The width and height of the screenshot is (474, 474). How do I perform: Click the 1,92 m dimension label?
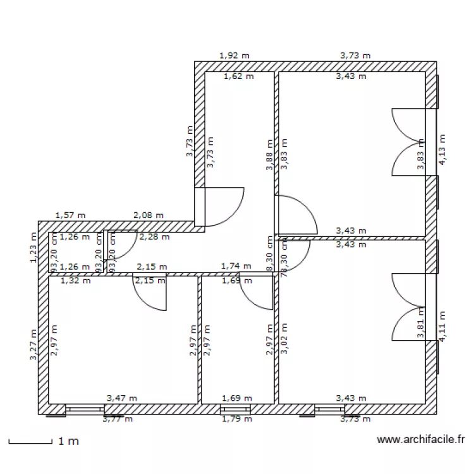pyautogui.click(x=234, y=56)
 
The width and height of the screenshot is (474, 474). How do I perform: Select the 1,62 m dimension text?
pyautogui.click(x=239, y=76)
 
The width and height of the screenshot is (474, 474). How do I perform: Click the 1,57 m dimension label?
pyautogui.click(x=71, y=216)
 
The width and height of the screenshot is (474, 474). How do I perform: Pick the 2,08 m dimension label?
pyautogui.click(x=149, y=216)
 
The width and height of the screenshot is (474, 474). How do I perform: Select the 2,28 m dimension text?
pyautogui.click(x=154, y=238)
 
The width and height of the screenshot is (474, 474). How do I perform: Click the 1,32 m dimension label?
pyautogui.click(x=75, y=281)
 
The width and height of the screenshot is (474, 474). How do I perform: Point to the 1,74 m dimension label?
pyautogui.click(x=236, y=267)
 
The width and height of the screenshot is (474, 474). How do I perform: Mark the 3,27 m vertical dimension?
pyautogui.click(x=33, y=345)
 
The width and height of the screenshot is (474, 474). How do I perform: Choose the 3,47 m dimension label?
pyautogui.click(x=122, y=398)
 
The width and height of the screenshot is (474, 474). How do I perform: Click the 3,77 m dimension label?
pyautogui.click(x=118, y=418)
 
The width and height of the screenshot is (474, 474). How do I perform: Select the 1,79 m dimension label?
pyautogui.click(x=237, y=418)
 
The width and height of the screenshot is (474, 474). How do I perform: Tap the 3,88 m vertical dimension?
pyautogui.click(x=270, y=155)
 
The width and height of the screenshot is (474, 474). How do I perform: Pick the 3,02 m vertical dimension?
pyautogui.click(x=284, y=339)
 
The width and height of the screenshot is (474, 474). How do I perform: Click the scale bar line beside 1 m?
pyautogui.click(x=30, y=442)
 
